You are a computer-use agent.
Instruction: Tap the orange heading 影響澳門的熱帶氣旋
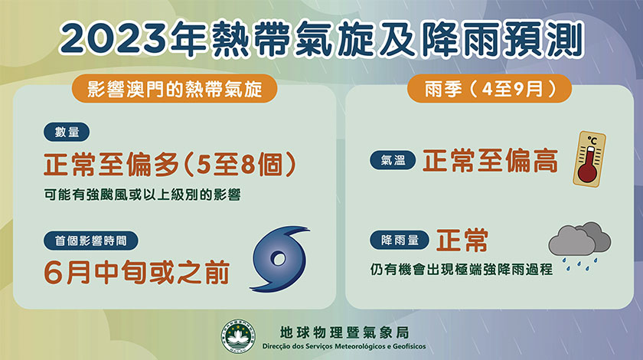(175, 88)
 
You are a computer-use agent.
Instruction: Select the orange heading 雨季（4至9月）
(489, 88)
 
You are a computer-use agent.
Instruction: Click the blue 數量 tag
(67, 133)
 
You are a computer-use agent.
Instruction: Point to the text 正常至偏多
(112, 165)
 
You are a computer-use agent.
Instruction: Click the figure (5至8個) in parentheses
(239, 165)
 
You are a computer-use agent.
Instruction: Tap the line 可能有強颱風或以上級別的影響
(142, 195)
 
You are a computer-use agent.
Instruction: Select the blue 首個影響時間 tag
(90, 241)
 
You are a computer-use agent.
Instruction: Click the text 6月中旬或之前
(136, 273)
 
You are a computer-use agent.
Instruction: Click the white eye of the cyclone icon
(279, 259)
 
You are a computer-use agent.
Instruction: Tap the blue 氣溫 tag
(393, 160)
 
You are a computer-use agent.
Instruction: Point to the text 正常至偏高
(491, 161)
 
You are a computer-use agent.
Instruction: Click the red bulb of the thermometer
(587, 173)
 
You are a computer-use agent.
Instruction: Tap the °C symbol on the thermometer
(592, 141)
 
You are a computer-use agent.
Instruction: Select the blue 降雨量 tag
(400, 240)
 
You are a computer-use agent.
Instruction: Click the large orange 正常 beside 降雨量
(462, 241)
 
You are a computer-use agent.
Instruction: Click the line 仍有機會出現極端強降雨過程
(462, 270)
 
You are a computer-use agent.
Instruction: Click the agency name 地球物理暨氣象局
(344, 332)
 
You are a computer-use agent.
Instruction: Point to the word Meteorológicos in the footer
(361, 346)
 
